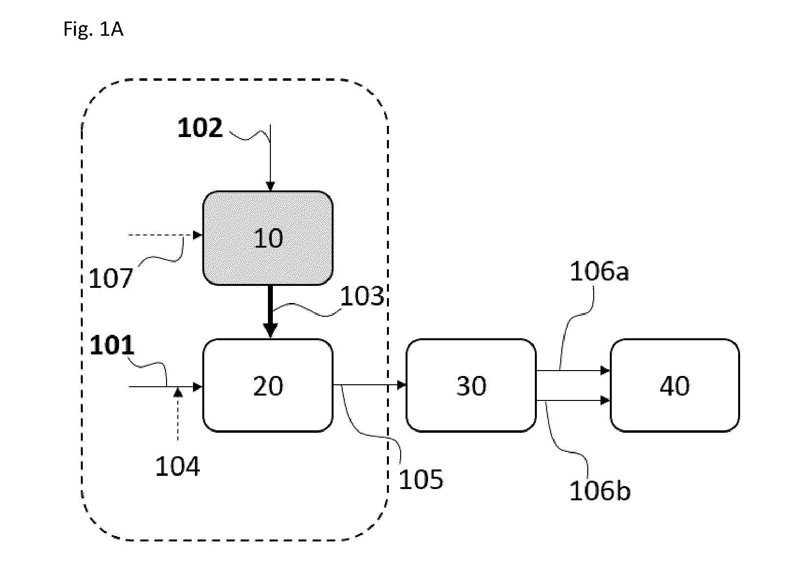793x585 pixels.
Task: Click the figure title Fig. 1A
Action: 94,29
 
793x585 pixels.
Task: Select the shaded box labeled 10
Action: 268,238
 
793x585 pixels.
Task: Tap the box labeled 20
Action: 268,386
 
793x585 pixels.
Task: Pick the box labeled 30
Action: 471,386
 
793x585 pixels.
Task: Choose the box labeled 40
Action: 674,386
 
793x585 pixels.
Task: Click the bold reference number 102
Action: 200,128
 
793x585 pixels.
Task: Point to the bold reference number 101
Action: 112,345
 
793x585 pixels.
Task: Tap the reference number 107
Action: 111,278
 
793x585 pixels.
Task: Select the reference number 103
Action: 362,296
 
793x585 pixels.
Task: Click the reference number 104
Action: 177,466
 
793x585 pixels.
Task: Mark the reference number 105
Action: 421,479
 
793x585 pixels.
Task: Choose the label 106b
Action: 600,491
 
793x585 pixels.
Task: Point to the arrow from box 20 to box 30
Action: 370,385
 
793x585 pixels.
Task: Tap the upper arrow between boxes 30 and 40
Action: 573,371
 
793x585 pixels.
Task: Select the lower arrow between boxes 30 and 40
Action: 573,400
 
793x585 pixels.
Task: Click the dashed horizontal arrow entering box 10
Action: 166,235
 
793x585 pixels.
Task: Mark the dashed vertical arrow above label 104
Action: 178,415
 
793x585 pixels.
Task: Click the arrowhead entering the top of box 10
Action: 270,186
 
